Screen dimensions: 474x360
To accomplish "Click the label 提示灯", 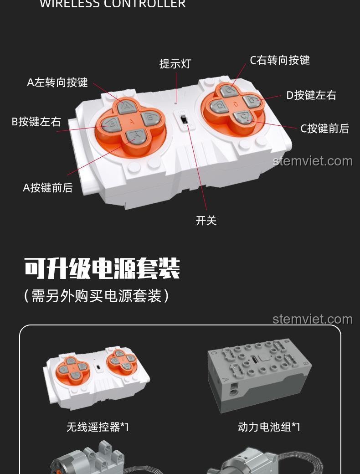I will click(x=175, y=64).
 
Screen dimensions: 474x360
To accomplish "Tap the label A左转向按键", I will click(x=57, y=82).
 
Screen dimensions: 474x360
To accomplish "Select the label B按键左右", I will click(x=36, y=122).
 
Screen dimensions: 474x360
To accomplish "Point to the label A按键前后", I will click(x=48, y=187).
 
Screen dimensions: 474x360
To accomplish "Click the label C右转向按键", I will click(x=280, y=60).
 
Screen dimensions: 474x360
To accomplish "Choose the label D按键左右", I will click(x=311, y=95).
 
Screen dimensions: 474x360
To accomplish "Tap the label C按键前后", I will click(x=324, y=129).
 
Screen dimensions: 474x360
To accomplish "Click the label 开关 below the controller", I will click(x=206, y=221).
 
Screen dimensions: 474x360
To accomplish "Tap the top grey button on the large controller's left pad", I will click(x=126, y=107).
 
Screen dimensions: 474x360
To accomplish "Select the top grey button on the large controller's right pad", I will click(x=228, y=90).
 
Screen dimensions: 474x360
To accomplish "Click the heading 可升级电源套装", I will click(x=102, y=268).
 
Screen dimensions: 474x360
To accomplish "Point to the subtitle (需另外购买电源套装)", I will click(x=97, y=296).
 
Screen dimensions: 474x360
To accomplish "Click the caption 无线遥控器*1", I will click(x=98, y=427).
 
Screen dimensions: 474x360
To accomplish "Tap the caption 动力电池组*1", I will click(x=269, y=427).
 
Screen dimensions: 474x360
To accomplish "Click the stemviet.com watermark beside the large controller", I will click(x=313, y=161).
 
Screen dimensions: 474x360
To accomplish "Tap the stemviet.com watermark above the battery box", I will click(x=313, y=319).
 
